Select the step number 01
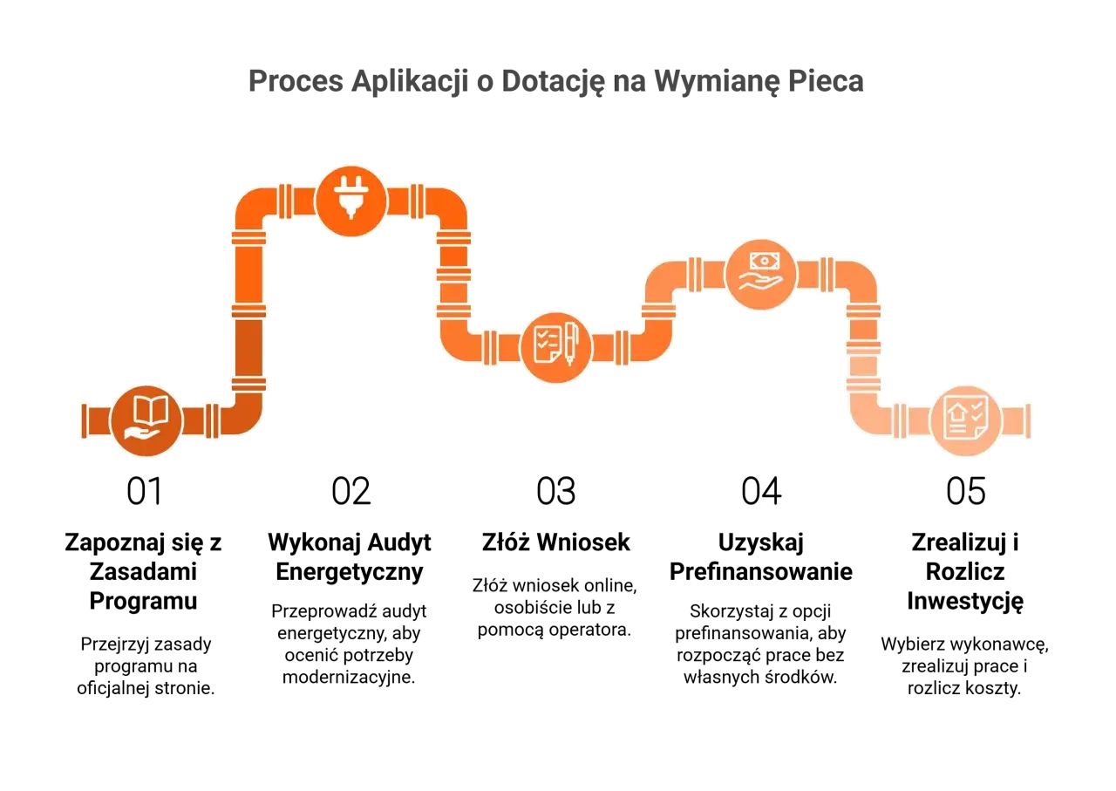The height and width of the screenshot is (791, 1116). (145, 492)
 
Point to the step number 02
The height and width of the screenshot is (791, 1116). (350, 492)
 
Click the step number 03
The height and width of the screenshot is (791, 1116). (556, 492)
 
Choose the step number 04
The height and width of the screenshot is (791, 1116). (761, 492)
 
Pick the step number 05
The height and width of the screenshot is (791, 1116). (966, 492)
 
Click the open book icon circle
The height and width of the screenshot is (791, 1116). (146, 421)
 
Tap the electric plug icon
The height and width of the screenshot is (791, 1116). (351, 201)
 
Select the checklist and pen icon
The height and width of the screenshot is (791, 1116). (556, 347)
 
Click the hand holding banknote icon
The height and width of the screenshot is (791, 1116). (761, 274)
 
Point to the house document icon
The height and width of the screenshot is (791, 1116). (965, 421)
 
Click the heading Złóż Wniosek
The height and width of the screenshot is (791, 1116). (556, 542)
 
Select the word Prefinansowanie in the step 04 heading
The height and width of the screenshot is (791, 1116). (761, 572)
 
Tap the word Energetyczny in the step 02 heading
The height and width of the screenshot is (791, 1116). (350, 573)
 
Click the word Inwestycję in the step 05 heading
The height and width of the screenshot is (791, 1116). (965, 602)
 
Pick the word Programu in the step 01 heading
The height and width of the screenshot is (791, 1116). (144, 602)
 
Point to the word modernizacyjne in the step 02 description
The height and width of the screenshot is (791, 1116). (349, 678)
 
